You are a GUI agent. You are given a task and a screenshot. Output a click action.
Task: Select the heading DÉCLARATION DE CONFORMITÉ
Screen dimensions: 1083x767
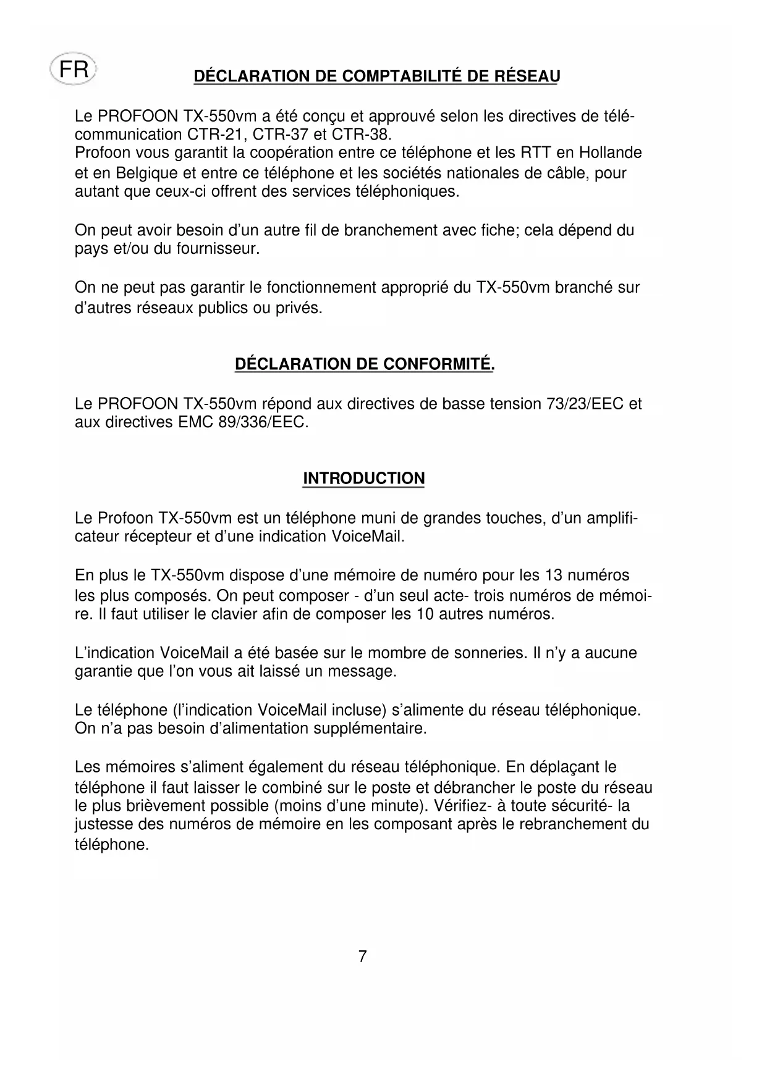pos(365,364)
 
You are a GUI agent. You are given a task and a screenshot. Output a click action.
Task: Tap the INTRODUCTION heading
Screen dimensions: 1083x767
pos(363,479)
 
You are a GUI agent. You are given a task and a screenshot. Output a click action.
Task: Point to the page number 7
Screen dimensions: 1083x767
pos(363,956)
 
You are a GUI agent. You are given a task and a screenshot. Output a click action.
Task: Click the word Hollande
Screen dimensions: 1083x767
pos(609,153)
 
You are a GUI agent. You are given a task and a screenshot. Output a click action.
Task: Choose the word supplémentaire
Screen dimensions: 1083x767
pos(370,729)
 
